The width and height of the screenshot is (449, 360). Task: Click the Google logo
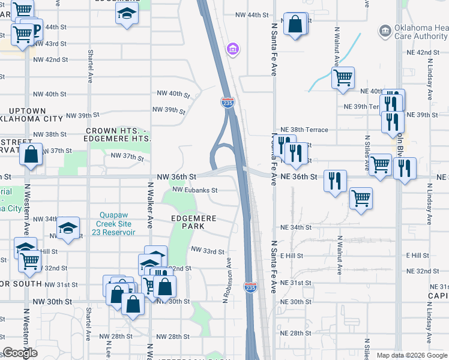tap(20, 353)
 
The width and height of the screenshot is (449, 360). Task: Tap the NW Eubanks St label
tap(194, 190)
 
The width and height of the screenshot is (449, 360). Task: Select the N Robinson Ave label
tap(228, 281)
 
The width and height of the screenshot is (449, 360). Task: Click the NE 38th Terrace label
tap(304, 130)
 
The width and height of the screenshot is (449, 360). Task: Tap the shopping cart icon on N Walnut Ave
tap(342, 77)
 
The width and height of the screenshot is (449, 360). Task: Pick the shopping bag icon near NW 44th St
tap(296, 25)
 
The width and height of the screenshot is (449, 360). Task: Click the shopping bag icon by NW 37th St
tap(31, 154)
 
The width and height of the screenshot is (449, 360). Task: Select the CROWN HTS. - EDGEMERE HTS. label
tap(118, 134)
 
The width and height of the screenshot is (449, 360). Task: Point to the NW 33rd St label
tap(207, 251)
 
